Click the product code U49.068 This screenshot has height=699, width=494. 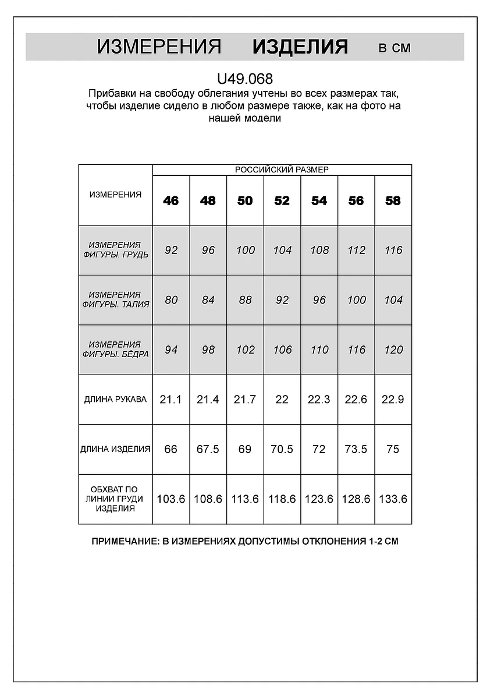coord(244,79)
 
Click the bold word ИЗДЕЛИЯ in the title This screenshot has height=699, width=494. coord(300,47)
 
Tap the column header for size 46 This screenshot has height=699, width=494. coord(171,200)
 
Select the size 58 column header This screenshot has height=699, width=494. coord(393,200)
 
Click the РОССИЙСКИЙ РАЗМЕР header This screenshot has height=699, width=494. coord(282,170)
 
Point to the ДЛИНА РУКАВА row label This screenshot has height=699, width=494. coord(115,400)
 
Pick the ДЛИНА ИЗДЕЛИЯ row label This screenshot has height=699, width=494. coord(115,449)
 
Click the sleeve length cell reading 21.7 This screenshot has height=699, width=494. coord(245,400)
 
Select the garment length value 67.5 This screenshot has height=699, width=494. coord(208,449)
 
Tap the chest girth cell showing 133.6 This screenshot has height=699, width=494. coord(393,499)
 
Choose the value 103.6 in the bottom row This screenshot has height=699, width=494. coord(171,499)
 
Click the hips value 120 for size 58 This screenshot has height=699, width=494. coord(393,349)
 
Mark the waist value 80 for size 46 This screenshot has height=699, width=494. coord(171,300)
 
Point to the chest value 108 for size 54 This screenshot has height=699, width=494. coord(319,250)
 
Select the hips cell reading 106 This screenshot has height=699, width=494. coord(282,349)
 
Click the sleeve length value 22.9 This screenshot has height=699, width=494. coord(393,400)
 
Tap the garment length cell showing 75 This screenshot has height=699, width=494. coord(393,449)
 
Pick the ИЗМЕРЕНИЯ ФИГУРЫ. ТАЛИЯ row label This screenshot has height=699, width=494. coord(115,299)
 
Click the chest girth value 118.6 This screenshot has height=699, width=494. coord(282,499)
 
